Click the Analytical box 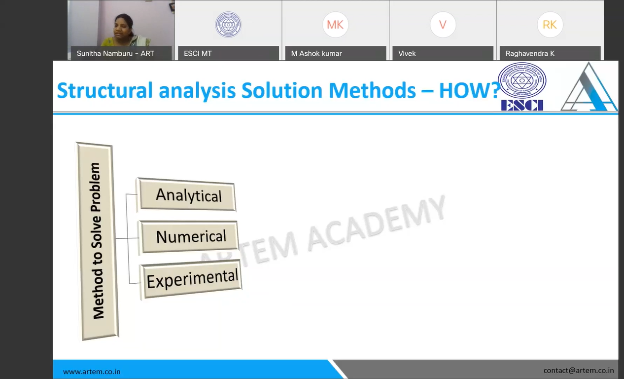[x=186, y=195]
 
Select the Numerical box [x=189, y=237]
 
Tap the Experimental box [x=191, y=280]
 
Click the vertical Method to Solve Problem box [x=97, y=241]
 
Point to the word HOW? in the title [x=470, y=90]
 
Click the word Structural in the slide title [x=105, y=90]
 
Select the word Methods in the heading [x=372, y=90]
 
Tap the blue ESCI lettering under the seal [x=522, y=106]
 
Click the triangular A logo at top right [x=589, y=87]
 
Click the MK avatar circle [x=335, y=25]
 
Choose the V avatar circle [x=443, y=25]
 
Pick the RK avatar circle [x=550, y=25]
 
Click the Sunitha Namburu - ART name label [x=115, y=53]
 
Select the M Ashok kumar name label [x=316, y=53]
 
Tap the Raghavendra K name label [x=530, y=53]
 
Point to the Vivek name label [x=407, y=53]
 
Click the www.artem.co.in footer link [x=92, y=372]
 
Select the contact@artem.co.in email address [x=579, y=370]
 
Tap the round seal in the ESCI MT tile [x=228, y=25]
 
